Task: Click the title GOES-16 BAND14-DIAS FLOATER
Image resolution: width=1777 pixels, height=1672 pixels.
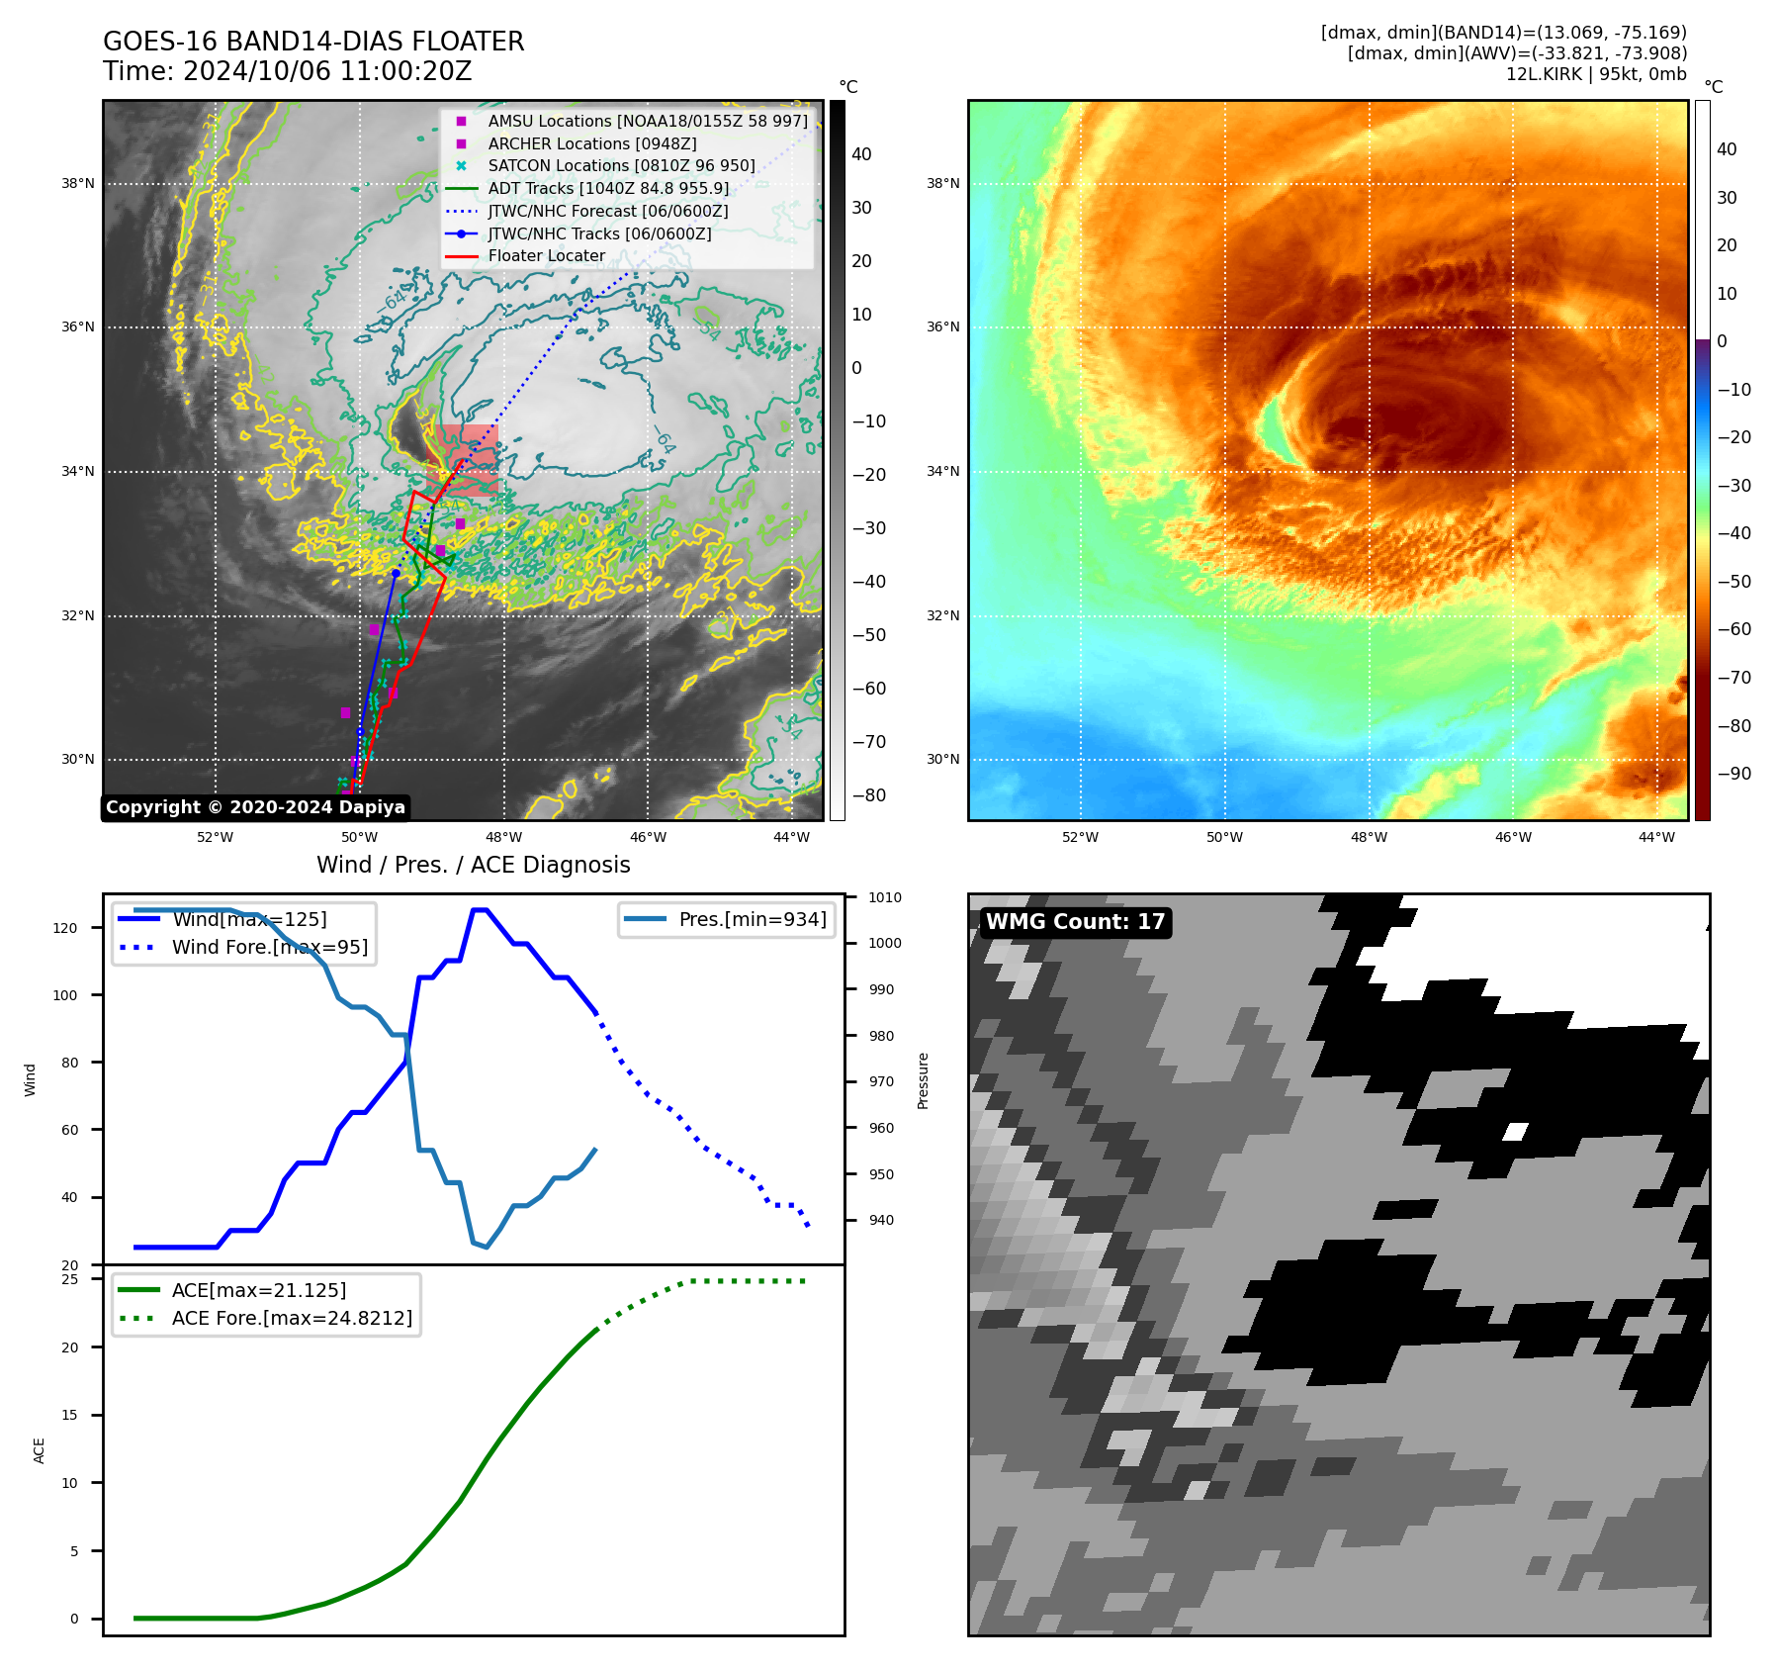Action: (x=313, y=42)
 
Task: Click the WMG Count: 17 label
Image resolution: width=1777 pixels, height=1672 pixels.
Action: (x=1075, y=922)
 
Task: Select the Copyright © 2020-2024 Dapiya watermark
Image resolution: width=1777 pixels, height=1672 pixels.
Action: (x=255, y=807)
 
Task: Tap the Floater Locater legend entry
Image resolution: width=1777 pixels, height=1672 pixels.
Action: (x=546, y=255)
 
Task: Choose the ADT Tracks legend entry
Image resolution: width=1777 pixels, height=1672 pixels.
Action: (x=607, y=188)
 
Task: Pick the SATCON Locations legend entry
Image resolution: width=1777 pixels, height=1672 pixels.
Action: (x=621, y=165)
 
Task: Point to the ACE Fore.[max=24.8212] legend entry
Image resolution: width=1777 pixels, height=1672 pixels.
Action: (x=292, y=1318)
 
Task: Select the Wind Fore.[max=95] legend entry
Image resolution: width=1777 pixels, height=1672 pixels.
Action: (x=269, y=947)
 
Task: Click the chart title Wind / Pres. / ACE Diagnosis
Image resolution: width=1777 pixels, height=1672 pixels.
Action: (x=473, y=865)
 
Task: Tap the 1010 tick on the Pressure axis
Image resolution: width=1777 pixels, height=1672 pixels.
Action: (x=885, y=897)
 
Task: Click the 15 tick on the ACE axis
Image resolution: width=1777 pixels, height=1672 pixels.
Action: (x=69, y=1415)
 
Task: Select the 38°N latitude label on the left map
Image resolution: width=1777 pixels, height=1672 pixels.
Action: (x=78, y=183)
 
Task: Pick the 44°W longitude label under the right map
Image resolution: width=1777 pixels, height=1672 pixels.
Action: (x=1656, y=837)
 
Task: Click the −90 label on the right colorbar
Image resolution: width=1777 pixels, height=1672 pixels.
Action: (x=1733, y=774)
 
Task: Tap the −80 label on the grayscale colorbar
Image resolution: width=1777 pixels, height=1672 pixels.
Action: (x=869, y=795)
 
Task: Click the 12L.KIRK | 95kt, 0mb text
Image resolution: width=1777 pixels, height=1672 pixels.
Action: (x=1596, y=74)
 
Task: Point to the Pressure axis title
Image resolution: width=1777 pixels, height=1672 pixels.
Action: (x=923, y=1080)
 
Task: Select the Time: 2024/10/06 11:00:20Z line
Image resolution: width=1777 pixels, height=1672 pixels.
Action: (x=287, y=71)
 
